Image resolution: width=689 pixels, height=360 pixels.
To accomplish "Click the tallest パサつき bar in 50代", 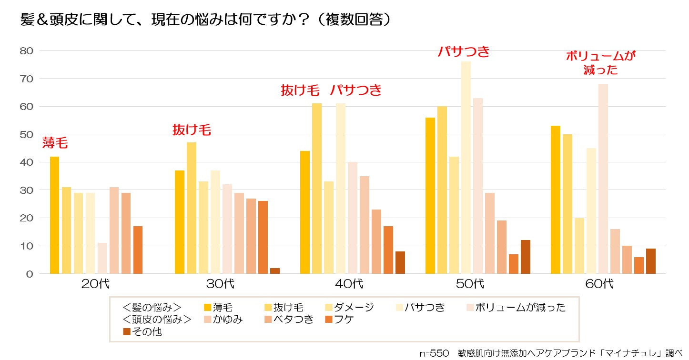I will [x=466, y=168].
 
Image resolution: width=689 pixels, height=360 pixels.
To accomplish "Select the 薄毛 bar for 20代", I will [x=54, y=215].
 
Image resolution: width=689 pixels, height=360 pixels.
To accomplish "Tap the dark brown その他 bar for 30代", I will [x=275, y=271].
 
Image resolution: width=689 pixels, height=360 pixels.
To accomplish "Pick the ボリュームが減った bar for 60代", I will [x=603, y=179].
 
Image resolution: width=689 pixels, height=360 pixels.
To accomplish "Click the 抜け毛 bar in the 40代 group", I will [x=316, y=189].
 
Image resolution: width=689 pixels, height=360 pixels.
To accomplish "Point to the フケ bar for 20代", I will [x=138, y=250].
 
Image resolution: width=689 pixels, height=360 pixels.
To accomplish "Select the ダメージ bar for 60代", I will [x=579, y=246].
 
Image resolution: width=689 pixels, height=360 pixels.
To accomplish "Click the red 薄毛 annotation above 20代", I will [x=55, y=143].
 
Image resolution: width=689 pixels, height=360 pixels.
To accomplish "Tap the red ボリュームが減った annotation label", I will [x=600, y=63].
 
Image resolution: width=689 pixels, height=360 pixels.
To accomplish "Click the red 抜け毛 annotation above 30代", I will [x=192, y=130].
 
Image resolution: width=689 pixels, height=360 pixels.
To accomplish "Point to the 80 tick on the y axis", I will [x=26, y=51].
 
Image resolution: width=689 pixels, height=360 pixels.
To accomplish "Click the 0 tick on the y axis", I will [x=30, y=274].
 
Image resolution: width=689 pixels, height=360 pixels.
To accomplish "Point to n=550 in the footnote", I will [x=434, y=353].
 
